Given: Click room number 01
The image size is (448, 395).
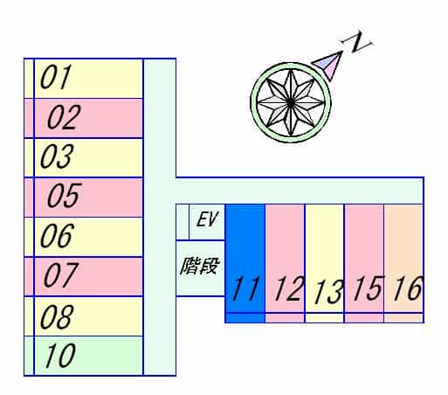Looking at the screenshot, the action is [x=56, y=77].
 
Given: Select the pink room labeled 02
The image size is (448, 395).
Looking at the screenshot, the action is [x=64, y=117].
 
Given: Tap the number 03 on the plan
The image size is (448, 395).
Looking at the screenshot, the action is [x=57, y=156].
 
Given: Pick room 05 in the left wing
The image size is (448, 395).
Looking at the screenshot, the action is [x=65, y=196].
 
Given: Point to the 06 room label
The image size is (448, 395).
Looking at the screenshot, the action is [x=58, y=235].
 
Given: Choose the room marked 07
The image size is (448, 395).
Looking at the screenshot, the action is [x=60, y=274].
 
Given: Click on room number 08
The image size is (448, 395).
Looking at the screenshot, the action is [x=57, y=316].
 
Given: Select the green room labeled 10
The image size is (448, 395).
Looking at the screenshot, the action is [x=60, y=355].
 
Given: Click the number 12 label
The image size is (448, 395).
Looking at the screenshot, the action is [x=289, y=288].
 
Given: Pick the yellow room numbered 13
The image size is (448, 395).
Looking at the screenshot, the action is [x=328, y=292].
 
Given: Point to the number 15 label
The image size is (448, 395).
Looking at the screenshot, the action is [x=368, y=288].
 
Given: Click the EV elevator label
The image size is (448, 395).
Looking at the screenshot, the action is [x=207, y=219].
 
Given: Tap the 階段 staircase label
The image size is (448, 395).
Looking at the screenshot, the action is [x=199, y=266].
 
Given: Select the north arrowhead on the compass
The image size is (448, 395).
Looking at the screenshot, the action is [x=328, y=66].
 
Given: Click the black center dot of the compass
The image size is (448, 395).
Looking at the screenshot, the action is [x=291, y=102].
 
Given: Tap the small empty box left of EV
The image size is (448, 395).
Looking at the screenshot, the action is [x=183, y=222].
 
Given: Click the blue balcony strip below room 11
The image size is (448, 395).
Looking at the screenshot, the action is [x=245, y=317].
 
